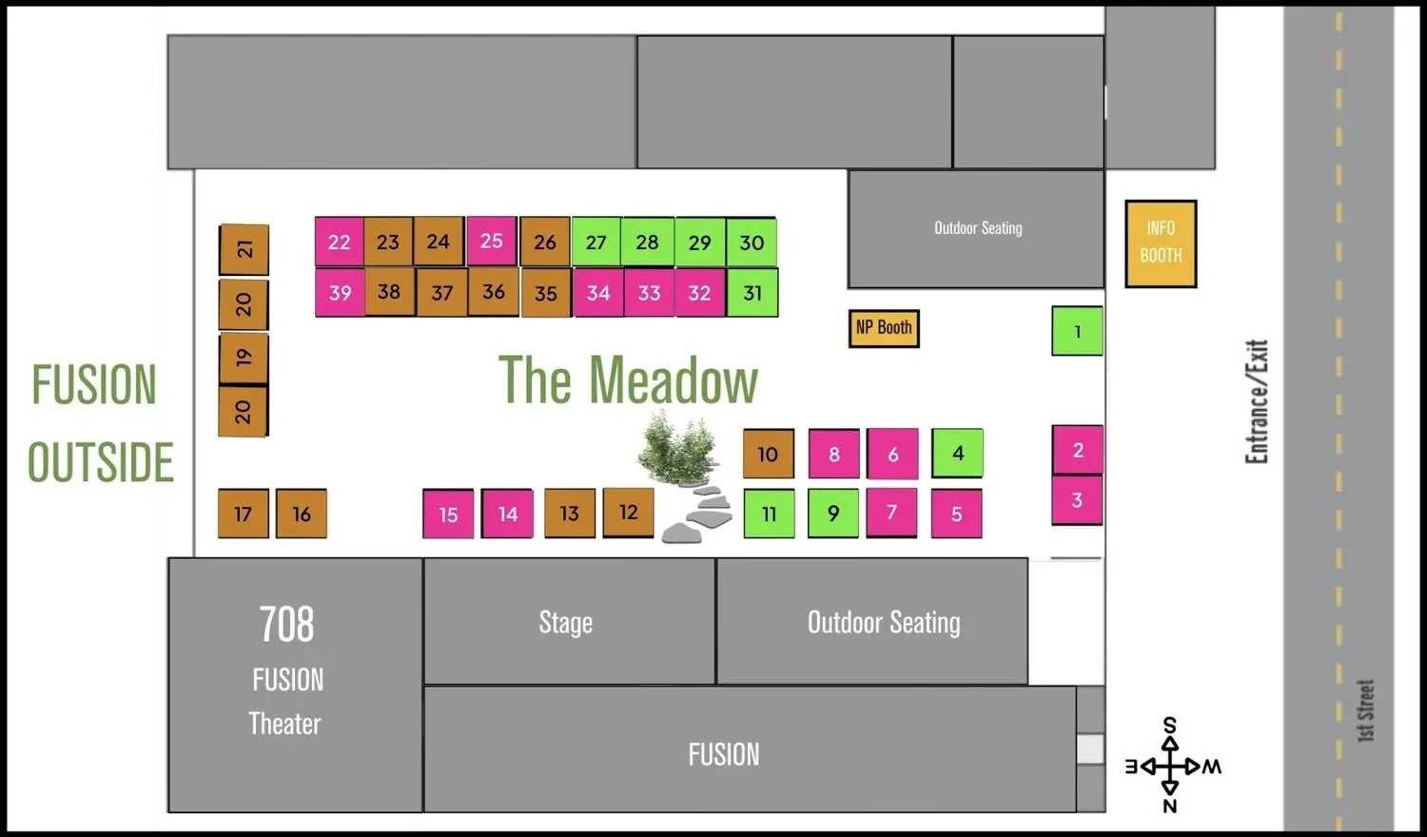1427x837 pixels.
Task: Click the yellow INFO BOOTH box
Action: [x=1161, y=243]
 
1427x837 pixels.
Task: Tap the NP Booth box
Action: [x=884, y=328]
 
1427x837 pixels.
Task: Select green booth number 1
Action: [x=1077, y=331]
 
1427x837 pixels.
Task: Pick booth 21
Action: [x=244, y=249]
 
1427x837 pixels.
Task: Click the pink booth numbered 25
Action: [x=491, y=241]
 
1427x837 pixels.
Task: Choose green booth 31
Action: [x=753, y=292]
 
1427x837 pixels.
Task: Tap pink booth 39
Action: [x=340, y=292]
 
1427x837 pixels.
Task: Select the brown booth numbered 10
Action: [x=768, y=454]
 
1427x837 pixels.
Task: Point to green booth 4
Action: [x=957, y=453]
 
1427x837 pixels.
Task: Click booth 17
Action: [x=243, y=514]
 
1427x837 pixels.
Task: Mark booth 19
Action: [x=244, y=358]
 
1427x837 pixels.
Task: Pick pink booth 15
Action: [x=448, y=515]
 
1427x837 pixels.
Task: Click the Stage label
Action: [x=566, y=622]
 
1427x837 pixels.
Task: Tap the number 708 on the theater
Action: [x=286, y=625]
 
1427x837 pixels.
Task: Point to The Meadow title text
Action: [x=628, y=380]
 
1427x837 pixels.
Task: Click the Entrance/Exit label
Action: [x=1257, y=401]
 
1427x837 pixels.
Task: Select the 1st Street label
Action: [x=1366, y=710]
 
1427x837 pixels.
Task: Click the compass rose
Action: [x=1170, y=766]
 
